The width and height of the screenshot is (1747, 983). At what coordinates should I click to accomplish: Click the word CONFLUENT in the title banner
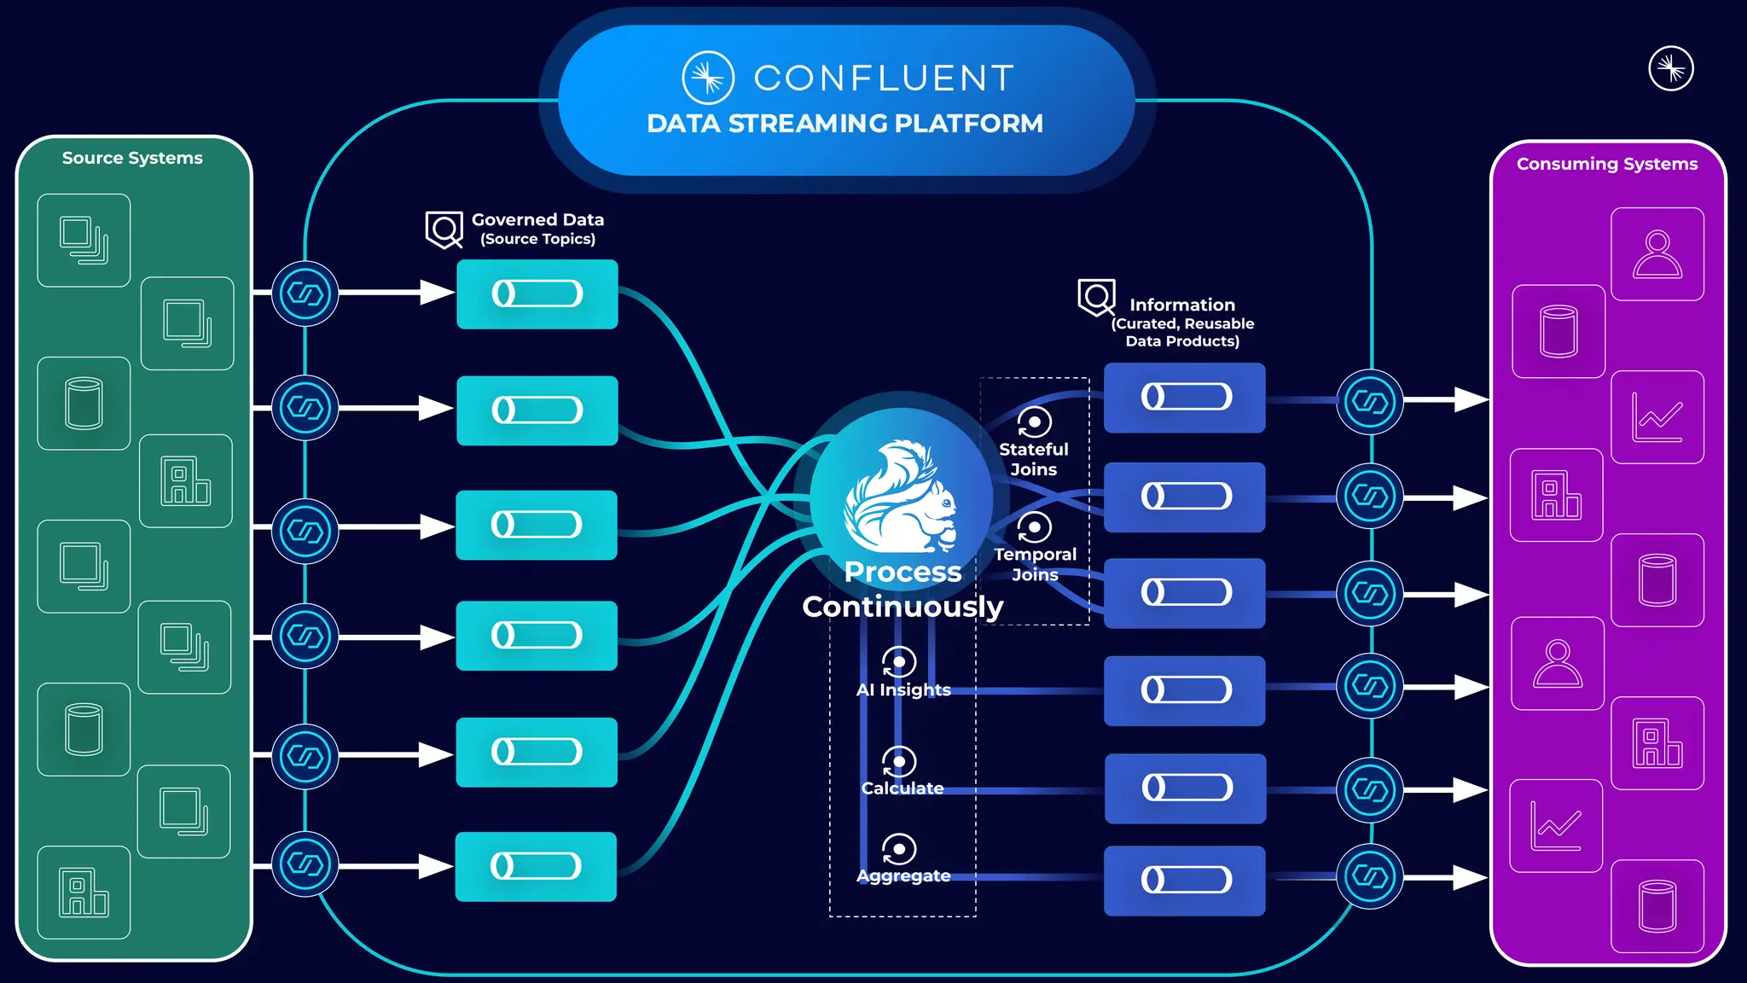[884, 79]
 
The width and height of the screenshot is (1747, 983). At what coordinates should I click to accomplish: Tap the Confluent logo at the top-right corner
[1670, 68]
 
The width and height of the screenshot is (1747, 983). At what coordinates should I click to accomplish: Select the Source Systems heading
[132, 158]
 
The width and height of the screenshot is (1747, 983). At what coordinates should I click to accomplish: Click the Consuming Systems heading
[1606, 164]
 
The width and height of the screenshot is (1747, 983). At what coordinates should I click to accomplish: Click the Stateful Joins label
[1033, 458]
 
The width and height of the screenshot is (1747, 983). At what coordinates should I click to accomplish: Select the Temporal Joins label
[1035, 563]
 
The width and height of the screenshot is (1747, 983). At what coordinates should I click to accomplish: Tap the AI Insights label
[903, 689]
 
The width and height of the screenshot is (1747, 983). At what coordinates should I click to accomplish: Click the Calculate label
[903, 788]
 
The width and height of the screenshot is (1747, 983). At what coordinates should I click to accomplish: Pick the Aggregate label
[903, 875]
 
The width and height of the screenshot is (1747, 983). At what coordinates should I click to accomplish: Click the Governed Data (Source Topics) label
[537, 229]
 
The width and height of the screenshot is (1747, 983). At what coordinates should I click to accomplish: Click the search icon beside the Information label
[1096, 298]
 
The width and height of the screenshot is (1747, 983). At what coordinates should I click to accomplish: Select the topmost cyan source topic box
[537, 294]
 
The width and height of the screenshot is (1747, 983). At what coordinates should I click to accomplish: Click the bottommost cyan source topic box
[536, 866]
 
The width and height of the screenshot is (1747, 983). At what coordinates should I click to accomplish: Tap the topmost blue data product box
[1184, 398]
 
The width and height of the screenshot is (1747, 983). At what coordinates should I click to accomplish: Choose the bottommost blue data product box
[1184, 880]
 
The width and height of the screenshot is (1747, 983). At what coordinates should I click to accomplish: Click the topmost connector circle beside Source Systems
[305, 294]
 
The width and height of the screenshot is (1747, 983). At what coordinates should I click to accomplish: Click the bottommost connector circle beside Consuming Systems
[1369, 876]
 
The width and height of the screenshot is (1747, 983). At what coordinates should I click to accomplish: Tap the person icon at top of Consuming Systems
[1657, 254]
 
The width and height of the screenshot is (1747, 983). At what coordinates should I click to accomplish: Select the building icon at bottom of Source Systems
[84, 893]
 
